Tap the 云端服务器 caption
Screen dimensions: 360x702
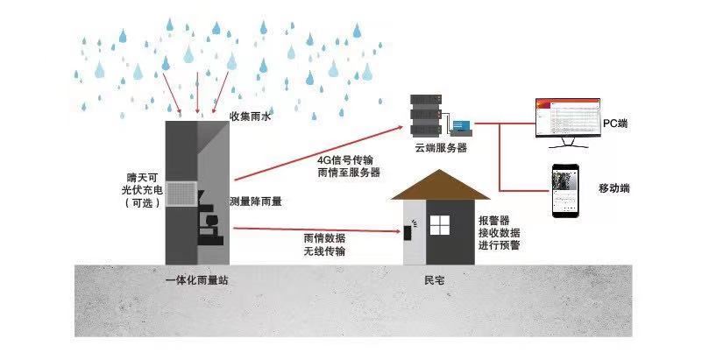point(441,148)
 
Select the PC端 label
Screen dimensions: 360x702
point(616,124)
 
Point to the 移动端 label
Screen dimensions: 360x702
point(614,188)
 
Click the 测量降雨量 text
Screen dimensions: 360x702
point(256,201)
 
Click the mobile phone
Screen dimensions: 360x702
point(566,192)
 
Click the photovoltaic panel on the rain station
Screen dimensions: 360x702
point(184,194)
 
